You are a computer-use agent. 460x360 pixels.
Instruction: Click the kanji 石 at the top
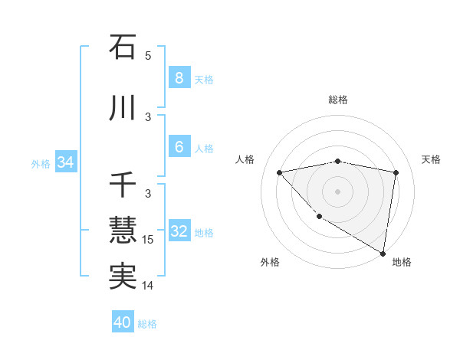[123, 47]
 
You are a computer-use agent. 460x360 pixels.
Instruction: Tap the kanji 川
[123, 109]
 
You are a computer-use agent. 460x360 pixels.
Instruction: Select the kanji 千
[123, 186]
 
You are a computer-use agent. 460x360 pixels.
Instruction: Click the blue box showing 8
[179, 78]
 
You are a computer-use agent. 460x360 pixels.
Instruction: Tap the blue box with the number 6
[179, 147]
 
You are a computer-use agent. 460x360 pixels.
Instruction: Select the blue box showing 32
[179, 231]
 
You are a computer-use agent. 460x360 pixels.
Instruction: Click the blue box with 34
[65, 162]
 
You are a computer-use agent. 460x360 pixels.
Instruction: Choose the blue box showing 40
[123, 322]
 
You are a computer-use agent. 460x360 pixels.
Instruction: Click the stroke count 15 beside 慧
[148, 240]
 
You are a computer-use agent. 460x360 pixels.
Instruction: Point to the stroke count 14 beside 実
[148, 286]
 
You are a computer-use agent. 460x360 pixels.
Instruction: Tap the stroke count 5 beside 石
[148, 56]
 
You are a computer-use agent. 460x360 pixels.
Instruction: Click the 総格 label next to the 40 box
[148, 324]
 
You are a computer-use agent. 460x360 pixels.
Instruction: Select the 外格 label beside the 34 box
[41, 164]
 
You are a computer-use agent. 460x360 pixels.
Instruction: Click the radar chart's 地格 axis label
[402, 262]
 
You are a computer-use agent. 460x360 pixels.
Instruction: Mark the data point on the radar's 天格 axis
[396, 172]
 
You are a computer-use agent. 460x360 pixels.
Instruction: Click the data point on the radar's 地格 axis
[383, 253]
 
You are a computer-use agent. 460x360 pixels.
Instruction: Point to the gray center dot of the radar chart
[337, 191]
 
